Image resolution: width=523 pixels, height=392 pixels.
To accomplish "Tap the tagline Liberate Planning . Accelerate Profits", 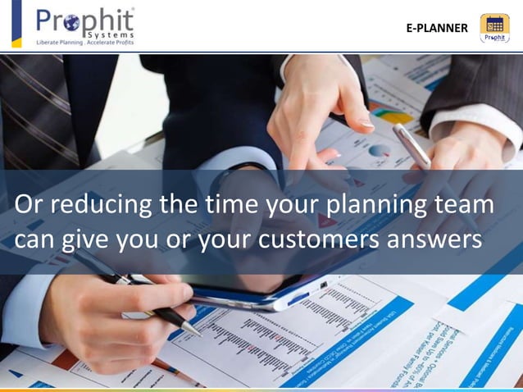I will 84,42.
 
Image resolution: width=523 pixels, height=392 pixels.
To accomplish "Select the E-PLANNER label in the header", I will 437,29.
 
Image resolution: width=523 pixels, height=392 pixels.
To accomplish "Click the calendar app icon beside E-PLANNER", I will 494,28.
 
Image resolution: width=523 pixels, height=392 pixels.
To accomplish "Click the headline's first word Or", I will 27,207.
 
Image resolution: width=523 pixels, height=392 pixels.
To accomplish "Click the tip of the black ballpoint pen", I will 198,333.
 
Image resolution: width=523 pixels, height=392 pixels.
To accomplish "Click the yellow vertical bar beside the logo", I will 16,25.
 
